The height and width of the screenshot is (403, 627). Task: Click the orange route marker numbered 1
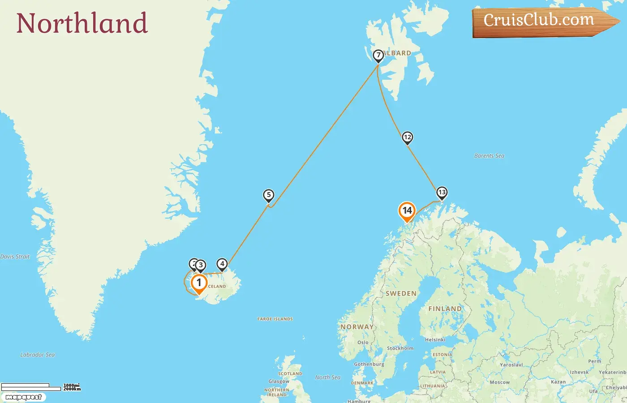click(199, 283)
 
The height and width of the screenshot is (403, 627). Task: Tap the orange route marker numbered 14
click(407, 210)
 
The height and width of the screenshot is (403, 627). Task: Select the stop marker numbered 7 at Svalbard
click(378, 56)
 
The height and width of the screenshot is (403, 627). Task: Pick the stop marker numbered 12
click(407, 137)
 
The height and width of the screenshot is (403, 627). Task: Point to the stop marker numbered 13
click(442, 193)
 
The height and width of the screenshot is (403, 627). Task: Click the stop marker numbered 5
click(269, 195)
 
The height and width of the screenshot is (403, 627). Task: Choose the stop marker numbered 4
click(222, 264)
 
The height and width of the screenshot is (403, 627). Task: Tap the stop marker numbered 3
click(201, 265)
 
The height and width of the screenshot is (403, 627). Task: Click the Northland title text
click(82, 23)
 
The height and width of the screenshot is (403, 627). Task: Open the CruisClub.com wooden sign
click(542, 21)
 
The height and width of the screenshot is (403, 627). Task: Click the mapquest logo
click(23, 397)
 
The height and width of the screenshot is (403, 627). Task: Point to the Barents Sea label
click(489, 156)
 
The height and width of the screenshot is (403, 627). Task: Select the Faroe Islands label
click(275, 319)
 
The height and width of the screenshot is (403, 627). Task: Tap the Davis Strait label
click(15, 257)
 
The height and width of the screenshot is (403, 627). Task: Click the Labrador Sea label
click(38, 355)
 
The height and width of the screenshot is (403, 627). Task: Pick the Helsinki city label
click(435, 339)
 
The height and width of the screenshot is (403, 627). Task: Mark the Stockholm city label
click(400, 348)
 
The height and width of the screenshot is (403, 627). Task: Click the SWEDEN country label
click(401, 293)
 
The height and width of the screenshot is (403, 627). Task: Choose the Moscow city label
click(499, 382)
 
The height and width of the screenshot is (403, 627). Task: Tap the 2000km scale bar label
click(72, 389)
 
